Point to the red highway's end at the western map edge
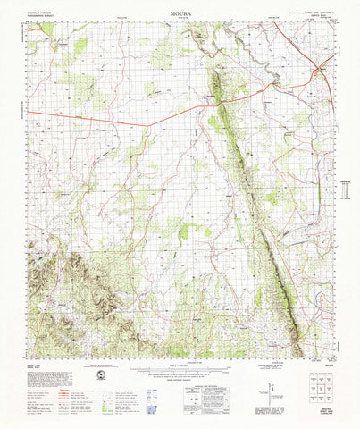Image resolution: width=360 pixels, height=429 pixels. click(28, 111)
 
